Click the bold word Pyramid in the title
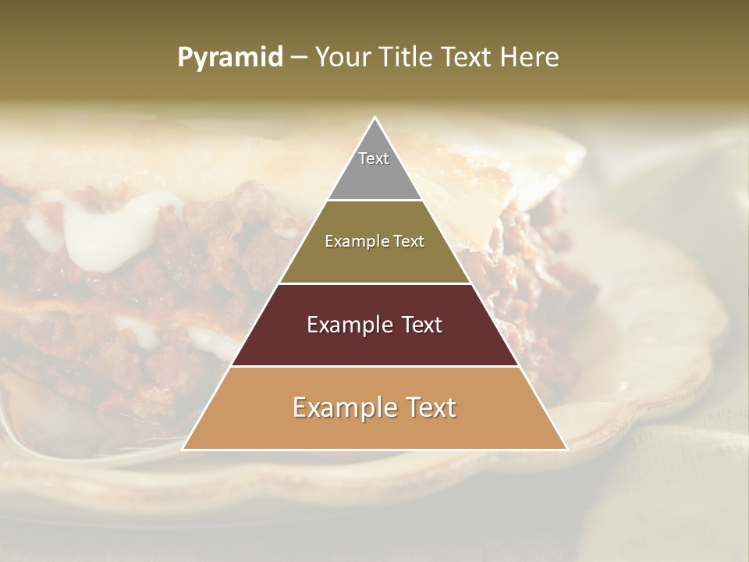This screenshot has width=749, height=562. coord(230,58)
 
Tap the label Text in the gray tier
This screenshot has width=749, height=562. coord(374,158)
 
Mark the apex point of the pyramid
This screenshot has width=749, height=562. coord(374,118)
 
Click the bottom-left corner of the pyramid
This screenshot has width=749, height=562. coord(183,449)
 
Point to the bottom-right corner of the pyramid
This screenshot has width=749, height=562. coord(566,449)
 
